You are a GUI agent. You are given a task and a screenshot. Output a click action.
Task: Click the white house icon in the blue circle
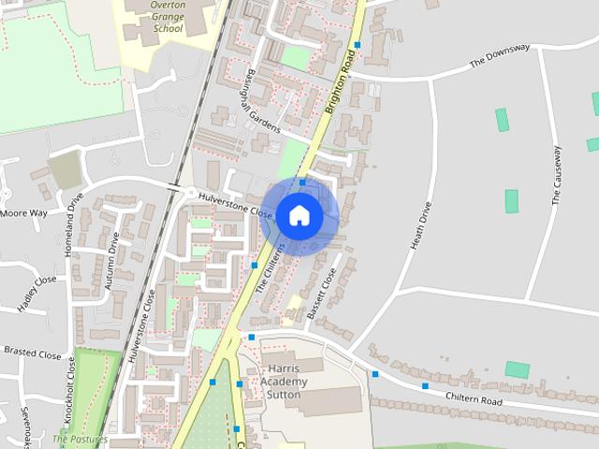point(299,215)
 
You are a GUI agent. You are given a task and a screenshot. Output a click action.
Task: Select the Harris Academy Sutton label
point(283,381)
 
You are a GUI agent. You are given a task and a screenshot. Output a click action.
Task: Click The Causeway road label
point(557,175)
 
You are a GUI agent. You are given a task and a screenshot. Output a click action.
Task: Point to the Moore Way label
point(23,213)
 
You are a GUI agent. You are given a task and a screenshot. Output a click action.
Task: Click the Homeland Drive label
point(73,224)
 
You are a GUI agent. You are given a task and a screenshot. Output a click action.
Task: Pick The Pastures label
point(80,438)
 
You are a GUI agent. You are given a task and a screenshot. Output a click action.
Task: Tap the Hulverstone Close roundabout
point(191,194)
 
